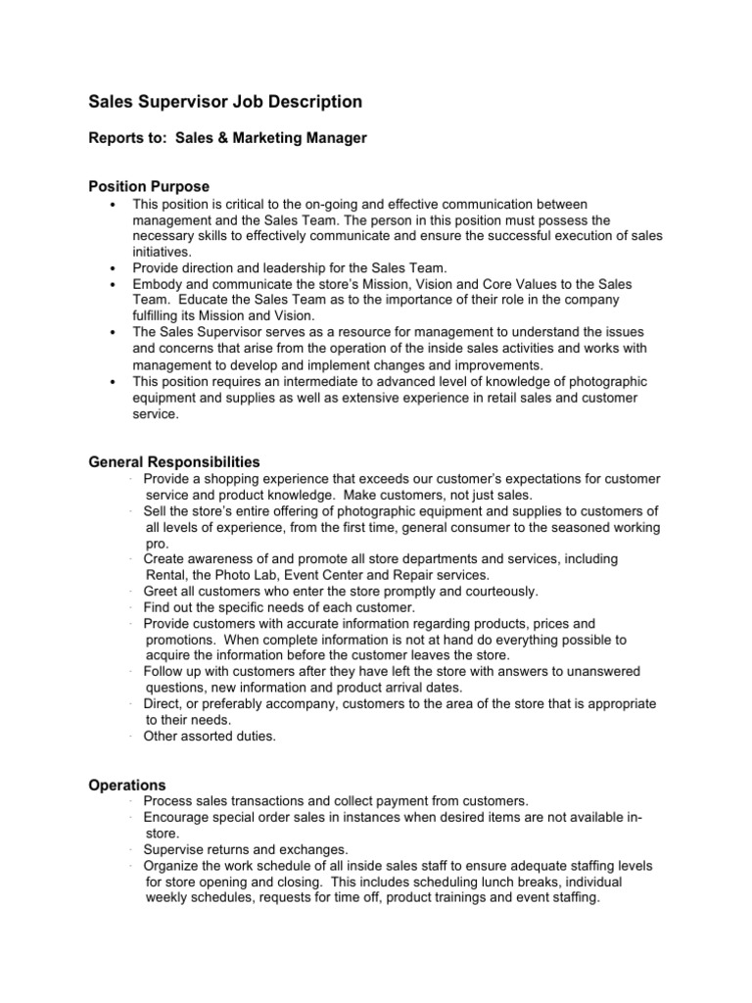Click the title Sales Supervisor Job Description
[x=225, y=102]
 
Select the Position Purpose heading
[x=149, y=186]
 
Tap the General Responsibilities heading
[x=174, y=461]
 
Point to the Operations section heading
[x=127, y=785]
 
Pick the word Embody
[x=157, y=283]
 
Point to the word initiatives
[x=162, y=252]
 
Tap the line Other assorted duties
[x=210, y=736]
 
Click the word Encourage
[x=177, y=817]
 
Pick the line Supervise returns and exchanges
[x=245, y=849]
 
